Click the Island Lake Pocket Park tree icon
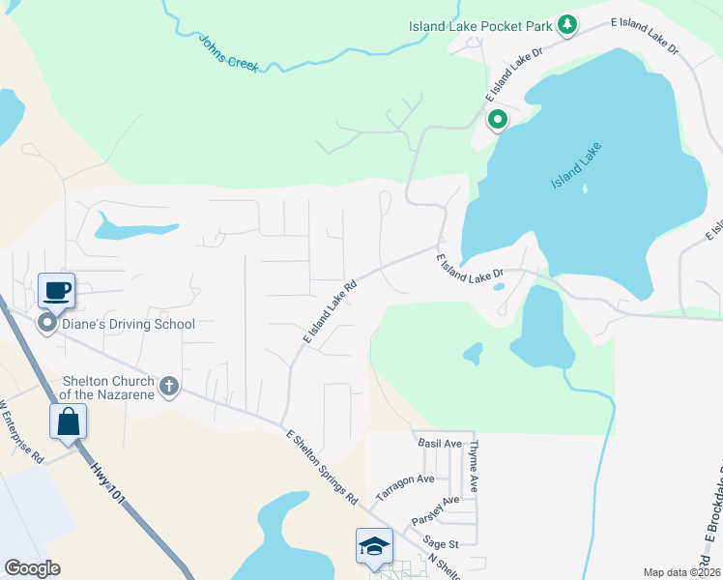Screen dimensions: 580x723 569,25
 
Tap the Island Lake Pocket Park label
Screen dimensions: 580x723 479,25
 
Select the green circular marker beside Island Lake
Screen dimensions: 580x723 498,120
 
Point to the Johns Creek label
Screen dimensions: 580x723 229,51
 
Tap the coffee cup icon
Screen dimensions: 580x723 56,289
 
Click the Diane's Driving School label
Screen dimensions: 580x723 130,324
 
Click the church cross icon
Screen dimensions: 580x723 169,387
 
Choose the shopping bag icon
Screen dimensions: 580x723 68,420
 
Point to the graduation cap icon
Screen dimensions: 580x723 373,546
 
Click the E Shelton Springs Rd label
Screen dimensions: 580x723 321,469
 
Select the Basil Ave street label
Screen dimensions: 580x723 439,444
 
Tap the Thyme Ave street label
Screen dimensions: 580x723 475,467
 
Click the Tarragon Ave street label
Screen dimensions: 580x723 405,485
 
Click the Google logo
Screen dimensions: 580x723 32,568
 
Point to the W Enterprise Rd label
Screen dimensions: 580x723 22,430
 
